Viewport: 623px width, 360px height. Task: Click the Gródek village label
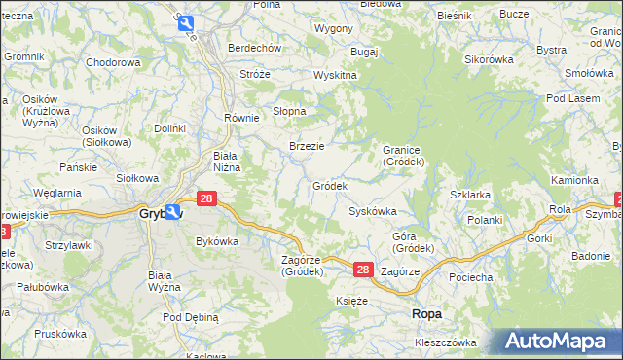point(329,186)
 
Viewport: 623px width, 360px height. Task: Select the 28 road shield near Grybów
point(205,198)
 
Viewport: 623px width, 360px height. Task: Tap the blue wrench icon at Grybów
point(172,211)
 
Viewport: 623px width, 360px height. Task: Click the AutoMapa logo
point(558,342)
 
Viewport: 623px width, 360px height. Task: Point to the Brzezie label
point(307,146)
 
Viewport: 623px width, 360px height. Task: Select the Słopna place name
point(289,111)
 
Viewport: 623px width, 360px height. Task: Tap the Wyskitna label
point(335,76)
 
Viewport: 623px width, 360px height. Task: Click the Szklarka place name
point(470,195)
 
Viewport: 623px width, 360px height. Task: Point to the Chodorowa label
point(114,62)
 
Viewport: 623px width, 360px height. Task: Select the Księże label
point(351,302)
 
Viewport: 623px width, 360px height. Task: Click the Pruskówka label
point(60,333)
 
